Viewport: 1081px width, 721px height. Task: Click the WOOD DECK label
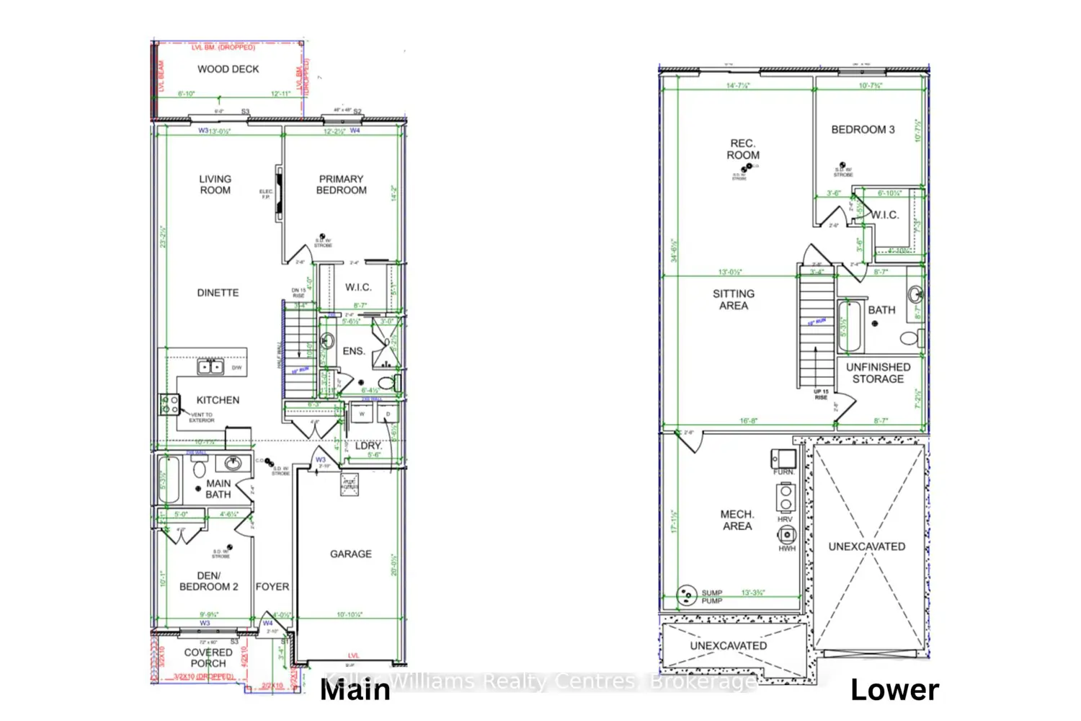click(x=228, y=69)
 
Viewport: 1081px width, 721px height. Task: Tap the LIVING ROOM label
click(x=215, y=185)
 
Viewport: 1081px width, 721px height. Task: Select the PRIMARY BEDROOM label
click(x=341, y=185)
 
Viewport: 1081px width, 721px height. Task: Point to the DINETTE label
click(x=218, y=293)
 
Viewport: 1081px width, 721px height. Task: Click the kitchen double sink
click(x=210, y=367)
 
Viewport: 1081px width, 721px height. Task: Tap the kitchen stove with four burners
click(x=170, y=404)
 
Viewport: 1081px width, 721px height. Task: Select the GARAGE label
click(x=351, y=554)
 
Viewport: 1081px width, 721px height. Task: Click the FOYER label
click(x=272, y=587)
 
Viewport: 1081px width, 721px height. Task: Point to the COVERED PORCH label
click(x=208, y=658)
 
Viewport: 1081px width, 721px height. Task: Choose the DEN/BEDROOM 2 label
click(x=208, y=581)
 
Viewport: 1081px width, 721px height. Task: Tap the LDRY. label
click(x=368, y=446)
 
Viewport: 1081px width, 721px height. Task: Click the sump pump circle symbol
click(x=687, y=595)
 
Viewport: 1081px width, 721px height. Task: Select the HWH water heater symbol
click(x=786, y=535)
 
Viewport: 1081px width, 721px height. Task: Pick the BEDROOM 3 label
click(x=863, y=130)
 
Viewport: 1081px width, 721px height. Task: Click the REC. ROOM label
click(x=743, y=149)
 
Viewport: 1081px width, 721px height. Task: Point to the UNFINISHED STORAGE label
click(x=878, y=373)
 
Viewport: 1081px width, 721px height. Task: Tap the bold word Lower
click(x=894, y=690)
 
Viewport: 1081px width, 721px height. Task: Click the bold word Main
click(x=355, y=690)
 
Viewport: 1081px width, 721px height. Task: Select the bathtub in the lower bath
click(x=850, y=326)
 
